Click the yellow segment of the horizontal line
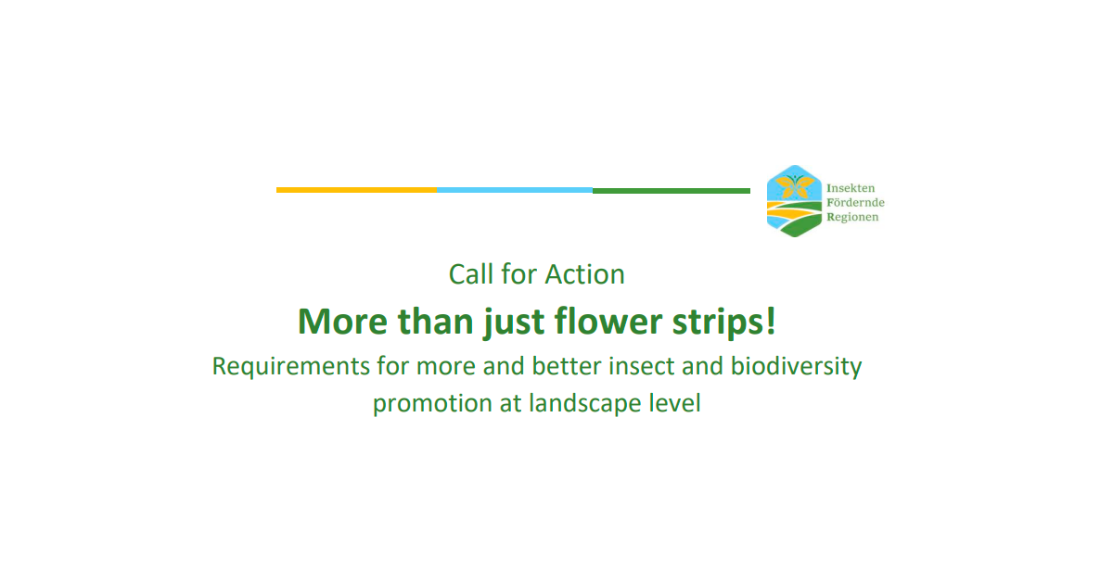tap(356, 190)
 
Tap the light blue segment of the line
tap(515, 190)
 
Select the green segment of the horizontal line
tap(672, 191)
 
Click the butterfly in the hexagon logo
tap(795, 186)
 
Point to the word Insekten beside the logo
tap(851, 188)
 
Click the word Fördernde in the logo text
tap(855, 203)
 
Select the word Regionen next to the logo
tap(852, 217)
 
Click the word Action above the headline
tap(583, 274)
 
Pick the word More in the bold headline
tap(342, 322)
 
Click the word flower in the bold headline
tap(608, 322)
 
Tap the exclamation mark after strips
tap(771, 321)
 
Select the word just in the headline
tap(514, 323)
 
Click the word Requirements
tap(290, 366)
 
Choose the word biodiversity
tap(796, 366)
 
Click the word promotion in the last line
tap(432, 403)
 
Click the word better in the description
tap(567, 366)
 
